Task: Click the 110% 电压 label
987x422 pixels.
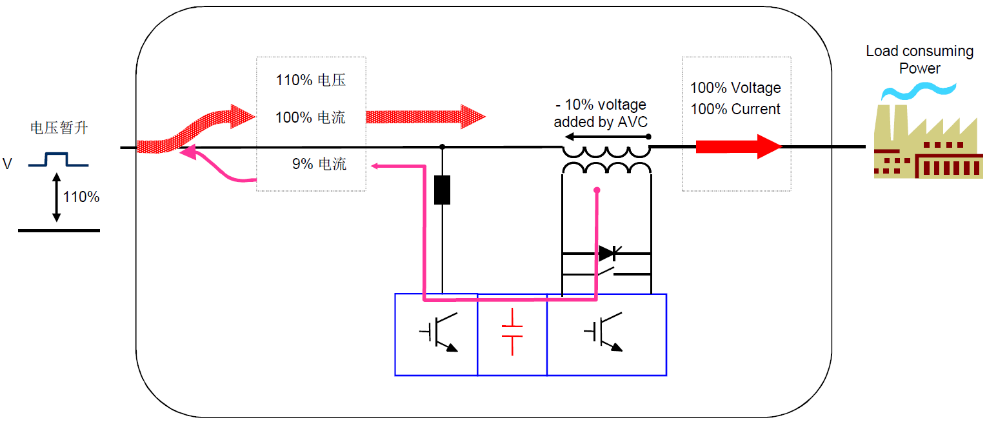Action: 310,81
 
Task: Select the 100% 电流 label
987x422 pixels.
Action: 310,117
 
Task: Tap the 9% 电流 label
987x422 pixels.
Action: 319,164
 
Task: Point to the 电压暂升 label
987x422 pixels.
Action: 59,128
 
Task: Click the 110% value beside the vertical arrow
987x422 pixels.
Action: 81,197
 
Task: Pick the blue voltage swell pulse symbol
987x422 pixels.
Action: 58,160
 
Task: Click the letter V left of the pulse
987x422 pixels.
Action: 8,164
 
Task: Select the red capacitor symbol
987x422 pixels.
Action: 512,332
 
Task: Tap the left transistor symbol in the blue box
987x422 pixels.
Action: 439,333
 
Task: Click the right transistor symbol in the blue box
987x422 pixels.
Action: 604,333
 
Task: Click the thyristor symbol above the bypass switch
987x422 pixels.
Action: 608,253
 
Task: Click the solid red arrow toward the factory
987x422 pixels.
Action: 738,146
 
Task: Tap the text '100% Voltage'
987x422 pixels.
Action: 735,88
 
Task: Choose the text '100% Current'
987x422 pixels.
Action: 735,109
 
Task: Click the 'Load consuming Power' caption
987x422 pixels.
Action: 919,59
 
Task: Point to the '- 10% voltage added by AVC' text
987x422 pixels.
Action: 600,113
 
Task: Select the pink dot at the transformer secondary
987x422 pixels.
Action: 597,190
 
